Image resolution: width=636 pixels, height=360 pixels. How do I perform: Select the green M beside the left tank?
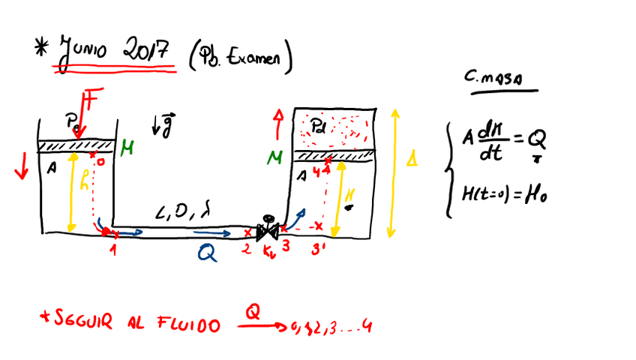coord(126,148)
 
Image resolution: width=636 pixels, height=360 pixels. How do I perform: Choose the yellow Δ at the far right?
coord(412,160)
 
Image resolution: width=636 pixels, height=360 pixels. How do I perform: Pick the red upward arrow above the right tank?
coord(279,120)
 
